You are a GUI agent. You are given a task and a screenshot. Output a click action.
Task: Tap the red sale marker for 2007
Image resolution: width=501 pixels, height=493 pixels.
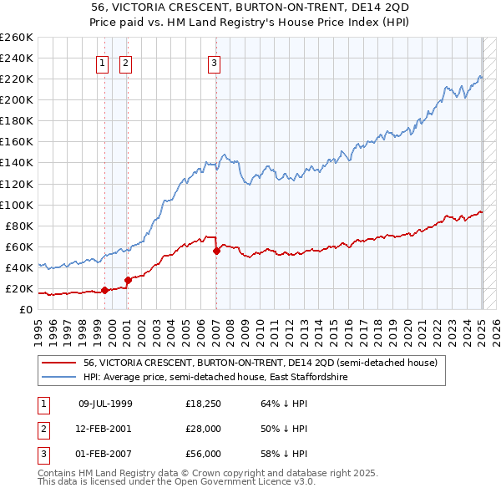216,250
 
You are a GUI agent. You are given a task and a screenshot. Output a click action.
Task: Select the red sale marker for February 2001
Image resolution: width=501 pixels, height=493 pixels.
128,280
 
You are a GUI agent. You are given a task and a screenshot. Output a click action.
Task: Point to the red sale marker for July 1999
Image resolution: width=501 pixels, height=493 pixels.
104,290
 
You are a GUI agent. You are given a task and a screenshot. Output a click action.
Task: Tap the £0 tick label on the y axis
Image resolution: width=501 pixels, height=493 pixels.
26,310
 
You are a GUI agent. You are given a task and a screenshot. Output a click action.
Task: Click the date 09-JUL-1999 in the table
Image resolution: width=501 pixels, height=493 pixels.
105,404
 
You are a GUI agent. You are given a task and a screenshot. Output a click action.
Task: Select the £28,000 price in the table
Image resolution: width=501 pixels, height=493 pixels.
203,429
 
